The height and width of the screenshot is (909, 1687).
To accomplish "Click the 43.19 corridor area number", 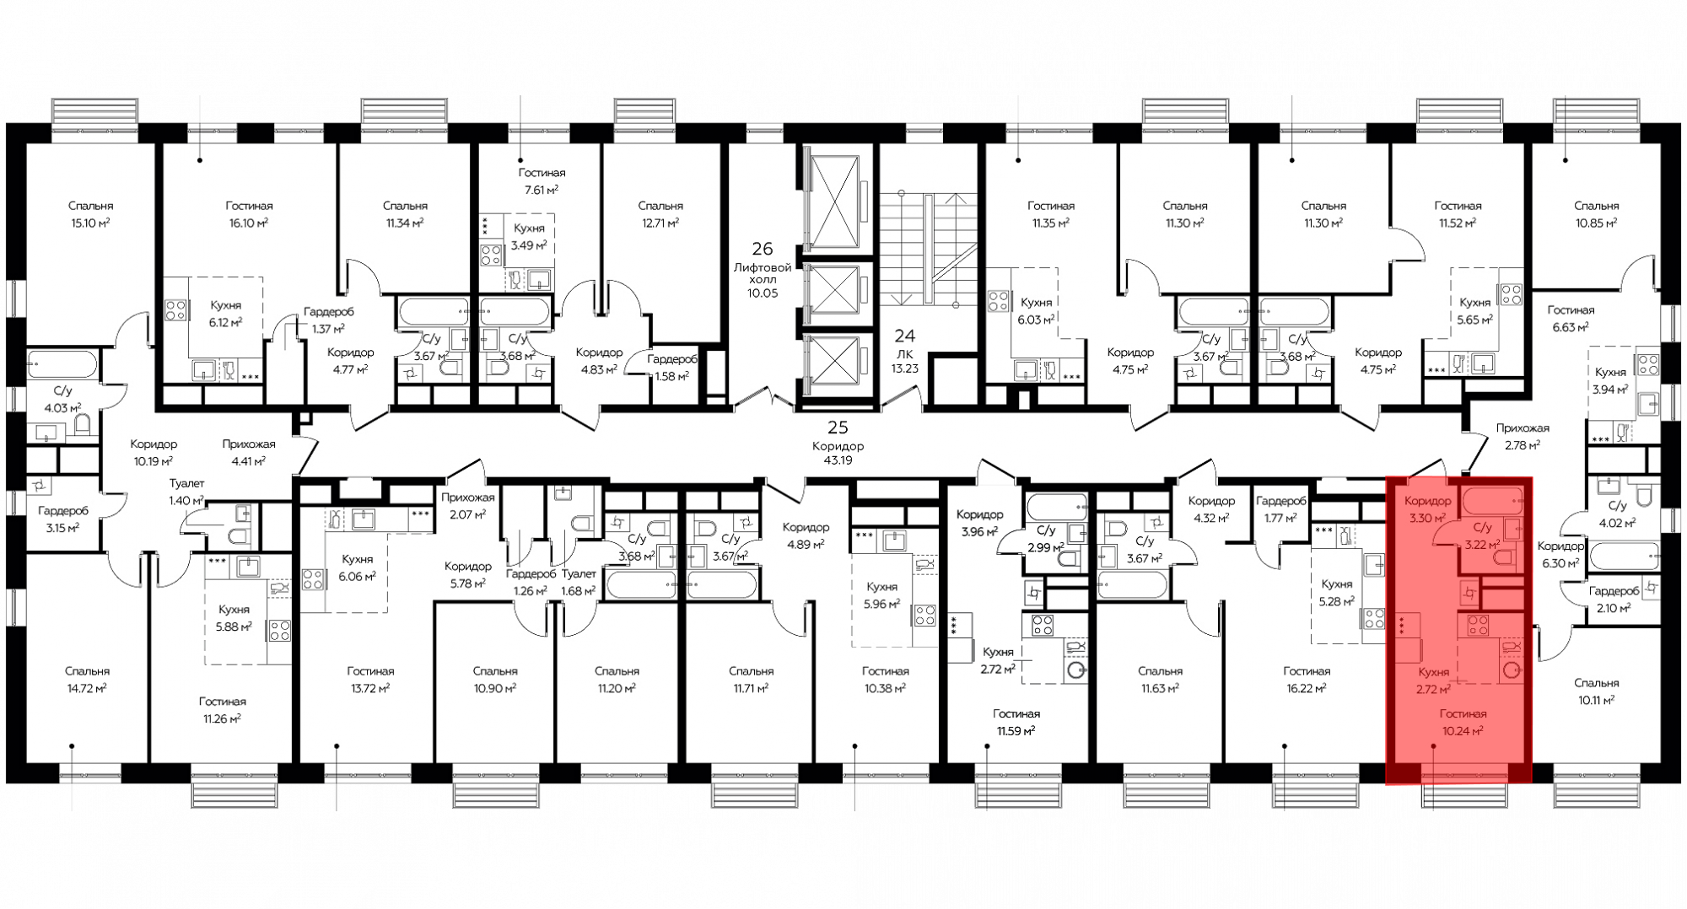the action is (x=838, y=460).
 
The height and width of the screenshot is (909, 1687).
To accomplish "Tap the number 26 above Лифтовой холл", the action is (x=763, y=249).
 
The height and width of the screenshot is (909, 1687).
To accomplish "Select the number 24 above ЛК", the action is (x=905, y=336).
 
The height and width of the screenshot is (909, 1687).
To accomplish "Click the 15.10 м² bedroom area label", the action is (x=91, y=223).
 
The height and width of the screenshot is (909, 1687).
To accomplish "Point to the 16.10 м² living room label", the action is (x=249, y=223).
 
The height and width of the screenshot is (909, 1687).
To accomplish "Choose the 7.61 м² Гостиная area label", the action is (x=542, y=190).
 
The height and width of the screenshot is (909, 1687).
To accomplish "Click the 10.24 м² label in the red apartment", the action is (x=1463, y=731).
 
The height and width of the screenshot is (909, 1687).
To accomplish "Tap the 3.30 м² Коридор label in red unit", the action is (x=1427, y=518).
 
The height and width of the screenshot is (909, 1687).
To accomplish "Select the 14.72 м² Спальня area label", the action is (x=88, y=688).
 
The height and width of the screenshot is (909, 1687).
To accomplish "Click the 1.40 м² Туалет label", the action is (x=186, y=500).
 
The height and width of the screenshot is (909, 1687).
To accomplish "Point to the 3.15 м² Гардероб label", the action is (x=62, y=528).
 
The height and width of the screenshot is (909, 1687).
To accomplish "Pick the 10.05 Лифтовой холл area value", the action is (x=763, y=293).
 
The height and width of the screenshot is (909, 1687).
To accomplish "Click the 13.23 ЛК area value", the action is (x=905, y=368).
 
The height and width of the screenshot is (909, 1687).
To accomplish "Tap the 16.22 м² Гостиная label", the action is (x=1307, y=688).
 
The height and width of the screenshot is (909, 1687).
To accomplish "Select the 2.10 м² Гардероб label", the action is (x=1614, y=608).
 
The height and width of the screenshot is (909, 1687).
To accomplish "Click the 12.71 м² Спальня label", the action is (x=660, y=223).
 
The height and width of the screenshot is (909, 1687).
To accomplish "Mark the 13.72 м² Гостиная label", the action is (x=370, y=688).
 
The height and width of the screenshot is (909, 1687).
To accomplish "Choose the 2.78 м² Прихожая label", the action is (x=1523, y=444).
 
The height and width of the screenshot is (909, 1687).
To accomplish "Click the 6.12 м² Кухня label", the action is (x=225, y=322).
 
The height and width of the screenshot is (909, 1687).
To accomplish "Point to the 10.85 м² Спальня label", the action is (x=1596, y=223).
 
